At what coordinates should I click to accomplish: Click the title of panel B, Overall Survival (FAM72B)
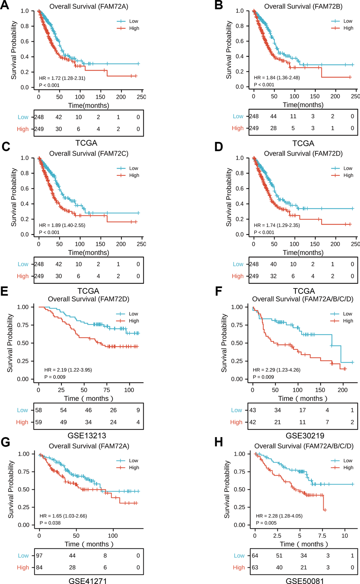click(303, 6)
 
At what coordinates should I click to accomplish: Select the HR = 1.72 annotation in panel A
click(62, 78)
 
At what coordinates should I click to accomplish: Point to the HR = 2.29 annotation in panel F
click(277, 370)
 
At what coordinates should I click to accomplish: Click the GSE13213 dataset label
click(87, 436)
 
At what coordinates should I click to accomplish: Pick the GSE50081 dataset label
click(305, 581)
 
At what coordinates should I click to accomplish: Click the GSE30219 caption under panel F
click(305, 436)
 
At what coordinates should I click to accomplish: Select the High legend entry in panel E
click(134, 321)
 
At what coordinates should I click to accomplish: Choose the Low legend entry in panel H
click(348, 460)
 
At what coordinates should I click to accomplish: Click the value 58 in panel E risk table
click(38, 410)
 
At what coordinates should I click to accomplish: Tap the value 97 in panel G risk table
click(39, 555)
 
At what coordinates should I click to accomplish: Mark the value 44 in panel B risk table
click(274, 116)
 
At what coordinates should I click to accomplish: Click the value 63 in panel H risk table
click(255, 567)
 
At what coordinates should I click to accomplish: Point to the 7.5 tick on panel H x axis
click(322, 536)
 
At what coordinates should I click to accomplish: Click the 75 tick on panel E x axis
click(107, 390)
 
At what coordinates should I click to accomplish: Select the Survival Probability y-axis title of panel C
click(14, 197)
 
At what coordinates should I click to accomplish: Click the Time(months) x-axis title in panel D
click(303, 252)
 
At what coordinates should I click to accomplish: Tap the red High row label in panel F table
click(236, 422)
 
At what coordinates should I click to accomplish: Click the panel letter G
click(5, 442)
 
